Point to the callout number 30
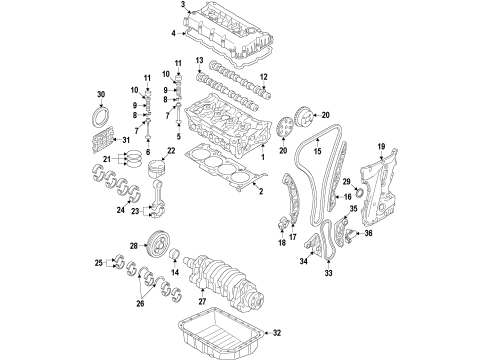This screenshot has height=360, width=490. click(99, 96)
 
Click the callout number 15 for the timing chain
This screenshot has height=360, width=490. click(317, 152)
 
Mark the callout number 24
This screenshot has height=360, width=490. click(121, 211)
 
